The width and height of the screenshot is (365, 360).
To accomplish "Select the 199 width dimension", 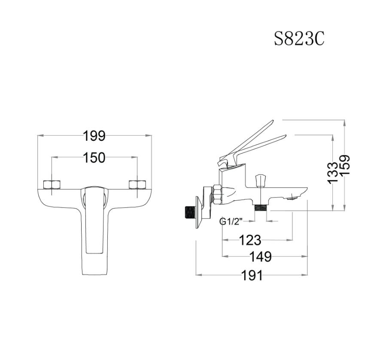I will (x=94, y=136).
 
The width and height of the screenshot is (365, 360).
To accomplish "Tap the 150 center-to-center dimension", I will (x=94, y=157).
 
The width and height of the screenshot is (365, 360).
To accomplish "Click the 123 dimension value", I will (x=250, y=240).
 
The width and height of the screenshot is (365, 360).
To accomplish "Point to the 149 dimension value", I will (x=261, y=257).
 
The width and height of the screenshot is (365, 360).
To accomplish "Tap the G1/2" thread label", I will (x=231, y=221).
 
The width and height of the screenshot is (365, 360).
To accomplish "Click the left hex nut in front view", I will (x=52, y=185).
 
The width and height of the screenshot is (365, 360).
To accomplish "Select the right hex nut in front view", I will (x=137, y=185).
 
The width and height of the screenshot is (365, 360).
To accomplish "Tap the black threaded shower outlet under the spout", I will (x=260, y=207).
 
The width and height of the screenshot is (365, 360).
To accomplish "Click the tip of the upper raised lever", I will (x=271, y=122).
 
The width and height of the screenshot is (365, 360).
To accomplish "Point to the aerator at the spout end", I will (x=293, y=197).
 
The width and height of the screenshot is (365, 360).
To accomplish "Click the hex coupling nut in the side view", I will (x=218, y=194).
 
